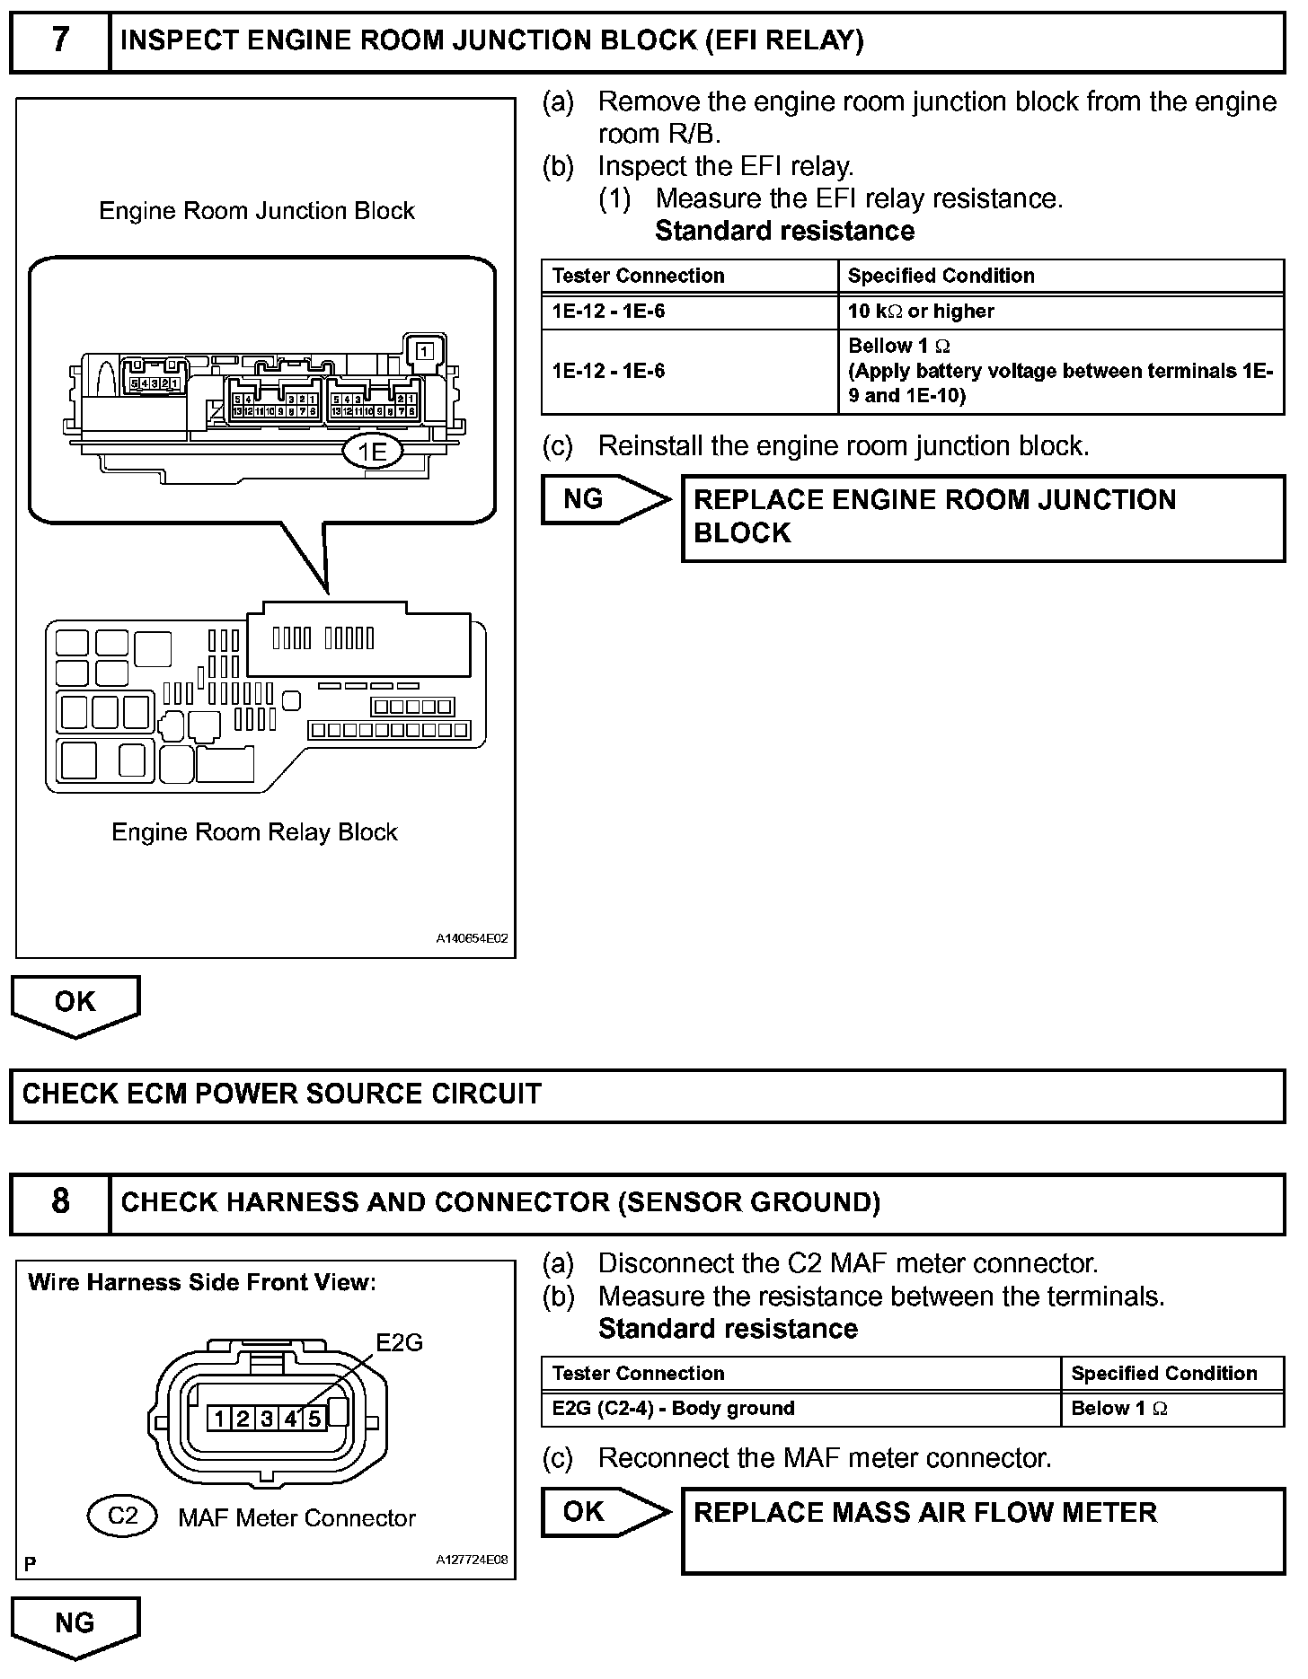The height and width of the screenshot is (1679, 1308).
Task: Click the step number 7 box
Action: coord(59,40)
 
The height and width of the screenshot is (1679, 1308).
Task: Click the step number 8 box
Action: coord(59,1201)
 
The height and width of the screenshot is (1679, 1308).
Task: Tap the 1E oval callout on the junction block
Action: coord(372,453)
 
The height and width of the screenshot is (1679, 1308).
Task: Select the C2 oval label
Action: coord(122,1516)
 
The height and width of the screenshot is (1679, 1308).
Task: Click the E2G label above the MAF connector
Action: coord(399,1342)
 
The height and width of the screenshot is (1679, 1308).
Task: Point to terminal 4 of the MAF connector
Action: coord(291,1419)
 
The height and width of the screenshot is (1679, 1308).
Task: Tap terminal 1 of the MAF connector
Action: coord(219,1419)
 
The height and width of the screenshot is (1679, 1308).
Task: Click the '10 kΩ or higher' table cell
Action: coord(921,312)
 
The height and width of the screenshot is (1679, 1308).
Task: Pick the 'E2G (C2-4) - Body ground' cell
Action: coord(673,1409)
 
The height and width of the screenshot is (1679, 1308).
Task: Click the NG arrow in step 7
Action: coord(605,499)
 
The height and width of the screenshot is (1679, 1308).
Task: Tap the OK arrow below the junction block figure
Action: coord(75,1004)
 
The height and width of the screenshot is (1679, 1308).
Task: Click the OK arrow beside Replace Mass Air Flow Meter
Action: coord(605,1512)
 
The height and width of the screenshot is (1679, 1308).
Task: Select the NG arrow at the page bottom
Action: coord(75,1623)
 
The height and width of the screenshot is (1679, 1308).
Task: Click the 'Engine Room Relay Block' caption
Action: coord(254,832)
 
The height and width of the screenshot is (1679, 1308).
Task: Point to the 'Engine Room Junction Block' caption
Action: coord(257,211)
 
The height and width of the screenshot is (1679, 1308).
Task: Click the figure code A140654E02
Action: coord(473,938)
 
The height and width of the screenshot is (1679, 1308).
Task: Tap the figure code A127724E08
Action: coord(473,1560)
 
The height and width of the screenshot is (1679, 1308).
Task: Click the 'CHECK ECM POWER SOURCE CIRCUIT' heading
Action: coord(282,1094)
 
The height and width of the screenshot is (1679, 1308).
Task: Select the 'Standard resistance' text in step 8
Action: coord(728,1328)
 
